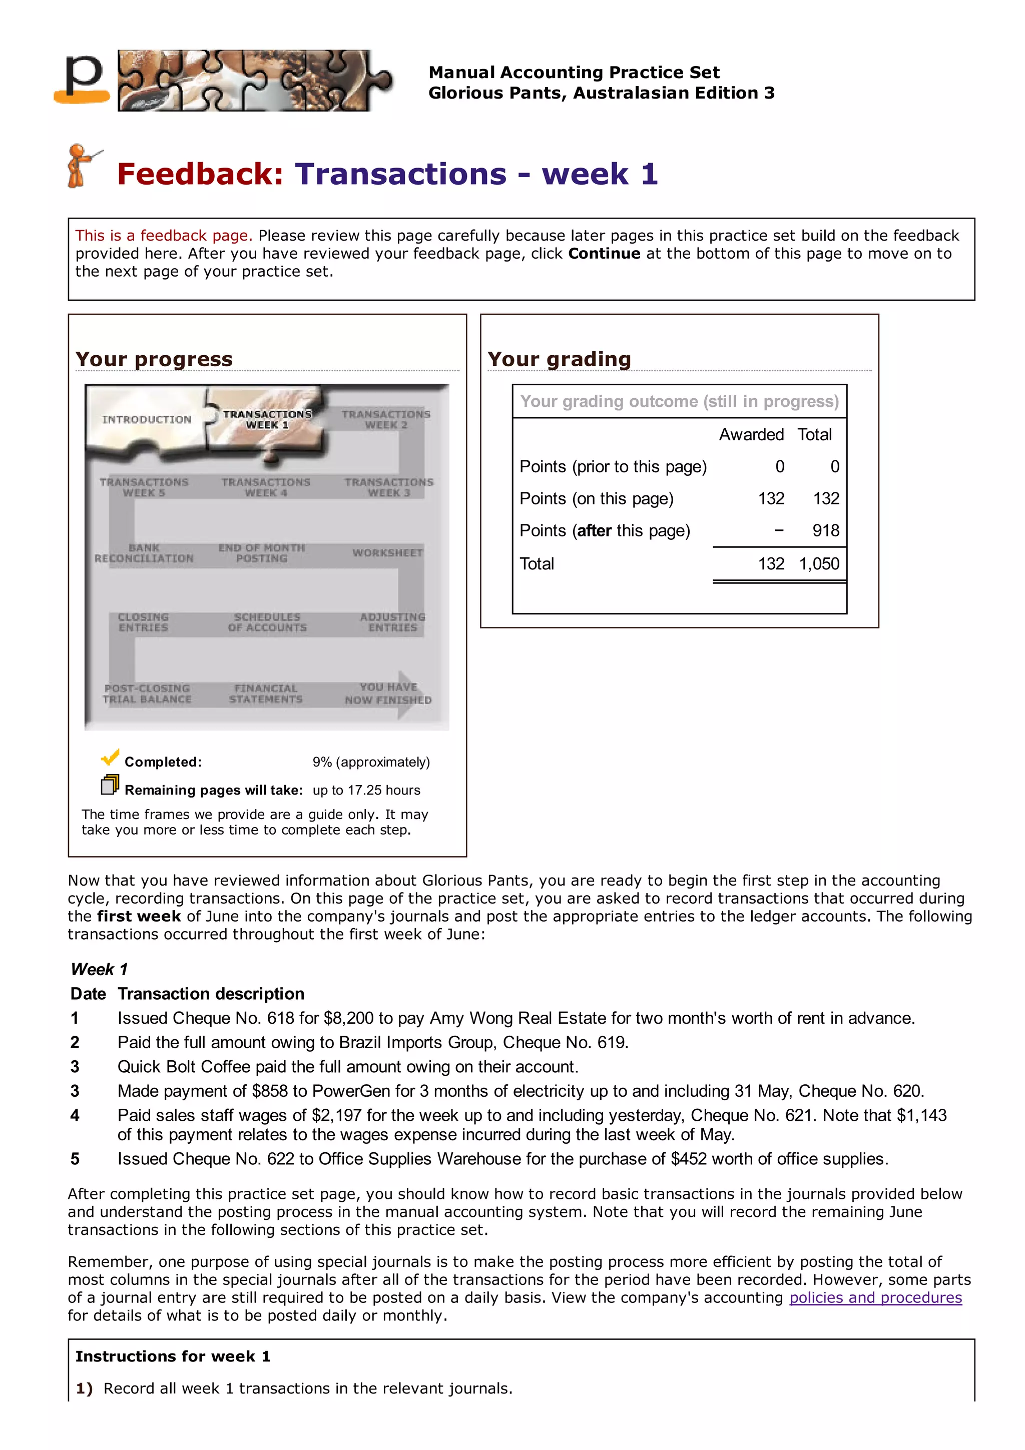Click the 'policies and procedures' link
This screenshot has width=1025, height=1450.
[x=875, y=1297]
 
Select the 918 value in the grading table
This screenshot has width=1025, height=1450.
[x=825, y=530]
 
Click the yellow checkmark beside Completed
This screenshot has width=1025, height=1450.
[x=110, y=757]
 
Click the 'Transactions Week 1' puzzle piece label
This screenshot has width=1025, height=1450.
[x=267, y=419]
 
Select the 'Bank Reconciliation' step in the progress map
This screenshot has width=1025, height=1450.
[x=144, y=553]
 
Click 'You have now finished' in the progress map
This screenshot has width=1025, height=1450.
[x=388, y=693]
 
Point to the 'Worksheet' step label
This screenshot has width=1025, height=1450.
[x=387, y=552]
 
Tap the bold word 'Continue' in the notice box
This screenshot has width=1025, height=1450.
[x=604, y=253]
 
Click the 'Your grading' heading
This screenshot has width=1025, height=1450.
[x=559, y=359]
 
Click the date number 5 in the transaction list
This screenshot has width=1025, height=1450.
[x=75, y=1159]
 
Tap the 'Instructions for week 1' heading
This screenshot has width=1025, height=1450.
[x=172, y=1356]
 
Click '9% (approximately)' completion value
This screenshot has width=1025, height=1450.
[x=371, y=762]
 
